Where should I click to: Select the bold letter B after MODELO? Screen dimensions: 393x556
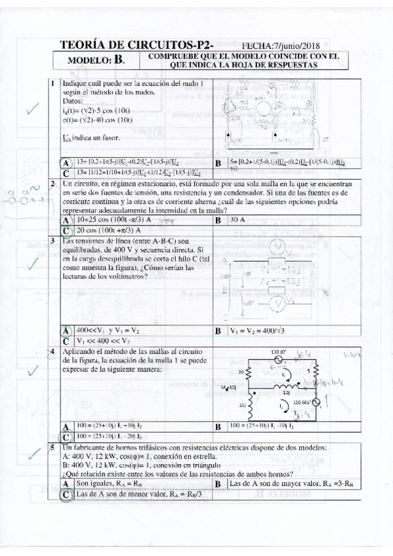pos(118,61)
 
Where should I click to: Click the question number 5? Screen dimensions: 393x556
pos(52,448)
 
